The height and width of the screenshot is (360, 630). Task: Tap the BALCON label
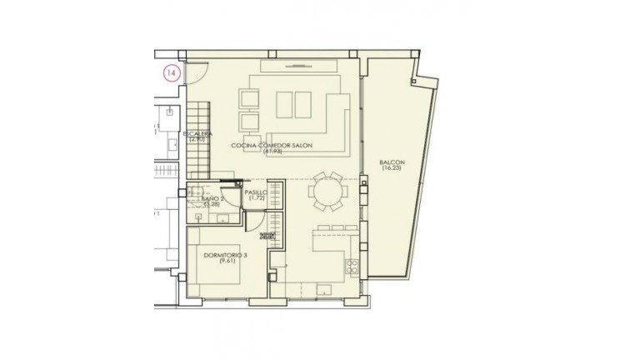(x=392, y=162)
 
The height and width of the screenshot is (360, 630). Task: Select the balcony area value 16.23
(x=392, y=169)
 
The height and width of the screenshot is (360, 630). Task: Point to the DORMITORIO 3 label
(x=223, y=255)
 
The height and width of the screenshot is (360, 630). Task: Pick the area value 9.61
(x=223, y=262)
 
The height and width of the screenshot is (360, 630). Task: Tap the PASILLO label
(x=256, y=192)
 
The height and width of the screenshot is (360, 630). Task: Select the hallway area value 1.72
(x=256, y=199)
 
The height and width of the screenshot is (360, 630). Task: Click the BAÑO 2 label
(x=213, y=199)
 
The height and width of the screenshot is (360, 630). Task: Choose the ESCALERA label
(x=198, y=133)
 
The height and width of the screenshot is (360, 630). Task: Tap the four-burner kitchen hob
(x=351, y=267)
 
